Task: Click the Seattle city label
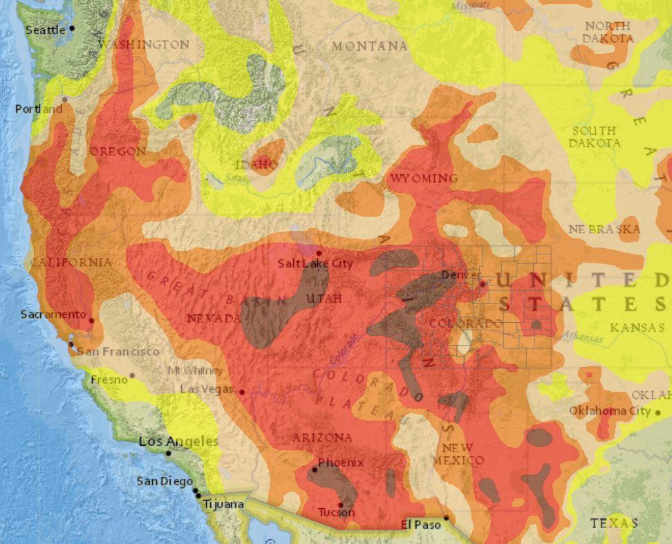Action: pyautogui.click(x=46, y=30)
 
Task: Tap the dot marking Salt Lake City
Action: pyautogui.click(x=319, y=254)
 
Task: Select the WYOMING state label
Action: pyautogui.click(x=424, y=179)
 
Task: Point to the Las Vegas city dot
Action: pyautogui.click(x=242, y=392)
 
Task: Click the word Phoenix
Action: pyautogui.click(x=341, y=462)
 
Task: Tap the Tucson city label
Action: pyautogui.click(x=336, y=513)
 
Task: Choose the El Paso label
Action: pyautogui.click(x=420, y=525)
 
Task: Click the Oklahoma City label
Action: pyautogui.click(x=610, y=411)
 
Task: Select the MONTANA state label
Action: pyautogui.click(x=369, y=46)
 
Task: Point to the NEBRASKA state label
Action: pyautogui.click(x=604, y=229)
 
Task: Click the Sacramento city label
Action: pyautogui.click(x=53, y=315)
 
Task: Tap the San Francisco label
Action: pyautogui.click(x=118, y=352)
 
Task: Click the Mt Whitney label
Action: pyautogui.click(x=195, y=371)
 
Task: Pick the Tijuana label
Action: pyautogui.click(x=223, y=505)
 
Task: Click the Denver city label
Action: pyautogui.click(x=460, y=275)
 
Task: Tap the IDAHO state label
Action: pyautogui.click(x=257, y=165)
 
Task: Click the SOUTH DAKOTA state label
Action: pyautogui.click(x=594, y=137)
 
